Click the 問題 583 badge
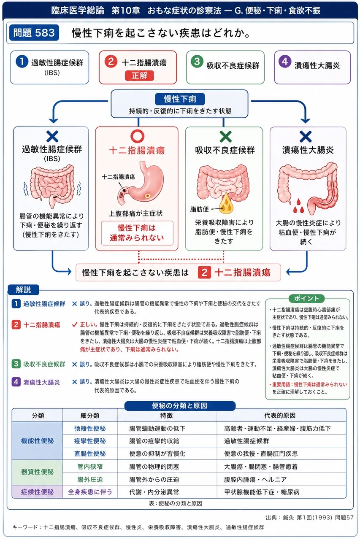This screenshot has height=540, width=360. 34,32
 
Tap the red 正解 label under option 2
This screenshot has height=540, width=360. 139,76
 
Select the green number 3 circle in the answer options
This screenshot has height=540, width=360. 197,62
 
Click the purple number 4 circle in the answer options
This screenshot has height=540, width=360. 285,62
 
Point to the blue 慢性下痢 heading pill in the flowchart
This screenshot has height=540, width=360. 180,99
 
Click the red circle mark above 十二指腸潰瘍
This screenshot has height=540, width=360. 138,136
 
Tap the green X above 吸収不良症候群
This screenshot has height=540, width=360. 226,137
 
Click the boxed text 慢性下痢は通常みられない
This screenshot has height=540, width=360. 137,233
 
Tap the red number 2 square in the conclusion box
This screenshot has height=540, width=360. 204,273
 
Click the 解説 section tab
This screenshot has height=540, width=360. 23,289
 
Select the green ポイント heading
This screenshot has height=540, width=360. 306,298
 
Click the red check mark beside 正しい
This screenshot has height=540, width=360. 75,324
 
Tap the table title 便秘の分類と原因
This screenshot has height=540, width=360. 180,406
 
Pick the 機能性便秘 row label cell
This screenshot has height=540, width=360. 38,441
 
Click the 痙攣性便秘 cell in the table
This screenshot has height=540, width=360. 90,441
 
